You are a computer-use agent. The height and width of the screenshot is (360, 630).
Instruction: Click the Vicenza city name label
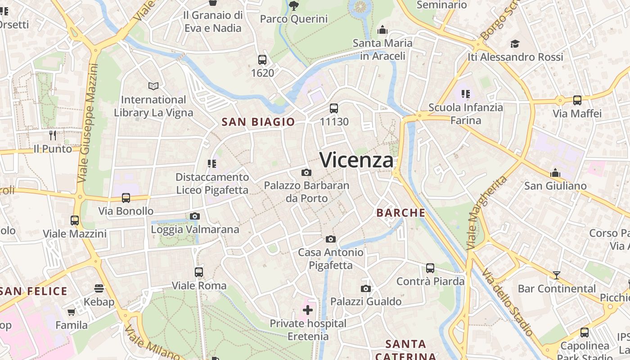point(356,160)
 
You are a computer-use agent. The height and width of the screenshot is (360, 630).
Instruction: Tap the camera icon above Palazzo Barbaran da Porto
point(306,172)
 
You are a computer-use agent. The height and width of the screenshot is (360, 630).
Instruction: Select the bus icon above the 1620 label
point(262,59)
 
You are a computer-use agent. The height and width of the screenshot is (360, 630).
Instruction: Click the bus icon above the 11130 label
point(334,108)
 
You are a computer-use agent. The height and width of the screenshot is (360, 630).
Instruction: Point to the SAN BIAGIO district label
point(258,121)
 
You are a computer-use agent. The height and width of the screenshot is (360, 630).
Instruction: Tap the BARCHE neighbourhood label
point(401,213)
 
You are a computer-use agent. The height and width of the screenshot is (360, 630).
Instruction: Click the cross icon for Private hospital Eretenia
point(308,310)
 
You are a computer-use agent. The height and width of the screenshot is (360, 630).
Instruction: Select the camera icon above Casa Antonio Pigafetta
point(331,239)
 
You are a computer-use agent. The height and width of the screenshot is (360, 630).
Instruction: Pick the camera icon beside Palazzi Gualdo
point(366,288)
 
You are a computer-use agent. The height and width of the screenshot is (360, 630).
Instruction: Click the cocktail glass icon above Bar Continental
point(557,275)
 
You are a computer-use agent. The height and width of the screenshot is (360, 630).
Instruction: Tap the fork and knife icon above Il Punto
point(53,135)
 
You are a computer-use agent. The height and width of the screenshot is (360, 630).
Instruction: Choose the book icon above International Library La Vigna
point(153,86)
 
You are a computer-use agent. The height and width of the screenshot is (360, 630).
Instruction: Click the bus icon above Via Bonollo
point(126,198)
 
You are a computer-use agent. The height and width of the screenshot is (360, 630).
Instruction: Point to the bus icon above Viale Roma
point(199,272)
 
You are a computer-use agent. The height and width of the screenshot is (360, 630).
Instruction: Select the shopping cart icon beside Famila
point(71,312)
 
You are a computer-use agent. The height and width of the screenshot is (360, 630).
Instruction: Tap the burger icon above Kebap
point(99,288)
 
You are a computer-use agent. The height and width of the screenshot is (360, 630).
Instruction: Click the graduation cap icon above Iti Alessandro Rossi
point(515,44)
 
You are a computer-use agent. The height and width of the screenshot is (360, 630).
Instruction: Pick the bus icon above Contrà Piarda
point(430,268)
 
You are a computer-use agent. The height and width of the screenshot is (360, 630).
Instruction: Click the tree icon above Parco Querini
point(294,6)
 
